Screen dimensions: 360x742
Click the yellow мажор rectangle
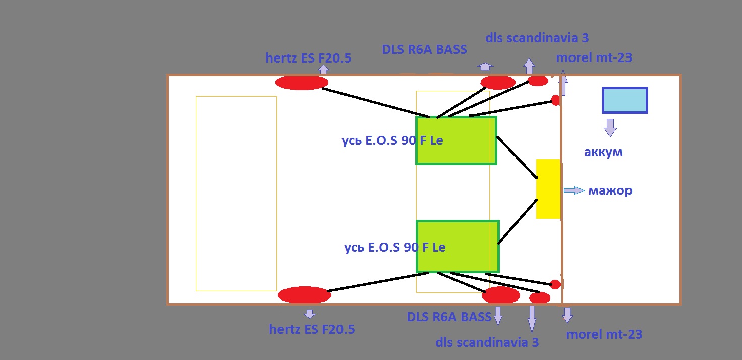[x=548, y=189]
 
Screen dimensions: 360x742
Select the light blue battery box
[x=624, y=100]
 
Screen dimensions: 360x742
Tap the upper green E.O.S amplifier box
[x=456, y=140]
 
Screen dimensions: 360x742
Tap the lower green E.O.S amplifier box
[x=457, y=247]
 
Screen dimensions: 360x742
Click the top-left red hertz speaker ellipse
[x=302, y=83]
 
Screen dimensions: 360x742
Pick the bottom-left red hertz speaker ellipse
[x=304, y=295]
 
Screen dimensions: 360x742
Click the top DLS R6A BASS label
[x=424, y=49]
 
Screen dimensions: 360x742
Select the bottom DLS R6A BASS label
[x=449, y=317]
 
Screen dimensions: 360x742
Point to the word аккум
[x=603, y=152]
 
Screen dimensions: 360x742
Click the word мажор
[x=610, y=191]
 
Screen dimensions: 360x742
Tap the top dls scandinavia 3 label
[x=537, y=38]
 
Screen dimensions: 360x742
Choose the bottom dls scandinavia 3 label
[x=487, y=342]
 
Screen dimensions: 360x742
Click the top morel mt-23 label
[x=594, y=57]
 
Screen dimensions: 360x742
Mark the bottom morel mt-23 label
[x=604, y=334]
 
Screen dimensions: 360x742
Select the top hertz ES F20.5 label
[x=308, y=58]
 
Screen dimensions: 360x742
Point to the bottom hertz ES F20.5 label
[x=312, y=330]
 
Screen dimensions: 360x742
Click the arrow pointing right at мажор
[x=574, y=190]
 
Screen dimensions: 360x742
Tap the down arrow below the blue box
[x=610, y=128]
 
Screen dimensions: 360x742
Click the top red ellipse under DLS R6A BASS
[x=497, y=83]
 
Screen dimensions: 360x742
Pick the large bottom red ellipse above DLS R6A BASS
[x=500, y=295]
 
